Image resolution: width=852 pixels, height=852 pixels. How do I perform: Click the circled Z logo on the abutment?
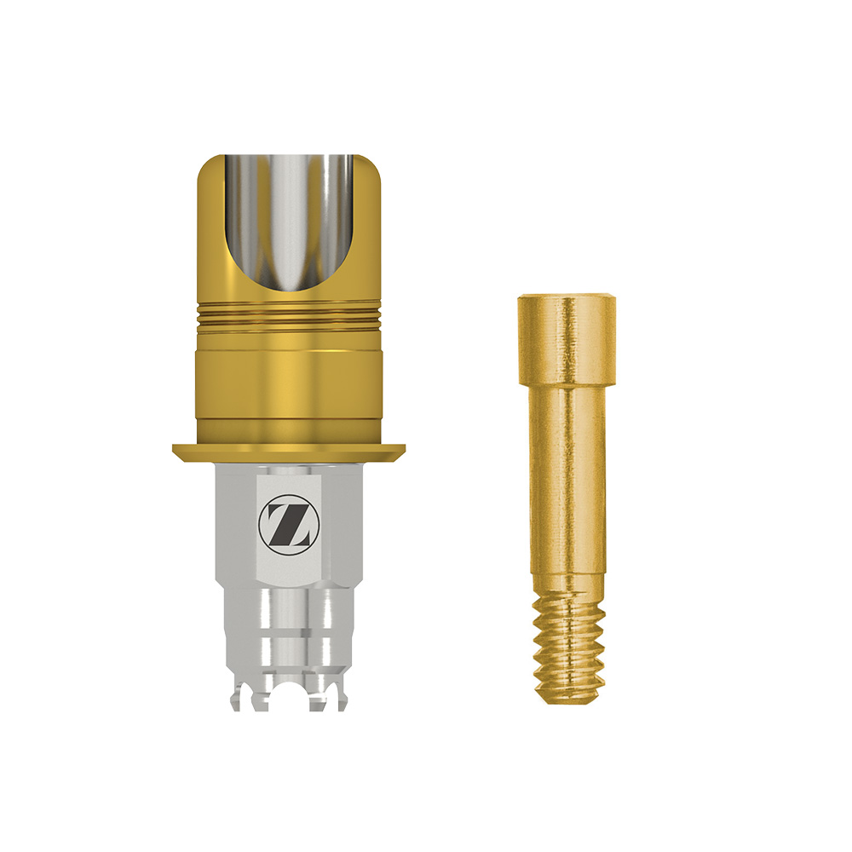pos(290,524)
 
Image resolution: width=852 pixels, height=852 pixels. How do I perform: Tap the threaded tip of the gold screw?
pos(568,649)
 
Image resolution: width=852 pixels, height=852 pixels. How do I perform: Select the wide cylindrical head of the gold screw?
pos(567,339)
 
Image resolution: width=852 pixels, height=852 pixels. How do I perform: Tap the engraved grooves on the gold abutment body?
pos(289,317)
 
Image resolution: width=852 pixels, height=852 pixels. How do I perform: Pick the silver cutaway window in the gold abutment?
pos(290,222)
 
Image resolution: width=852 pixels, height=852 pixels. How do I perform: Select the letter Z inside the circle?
pos(290,524)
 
